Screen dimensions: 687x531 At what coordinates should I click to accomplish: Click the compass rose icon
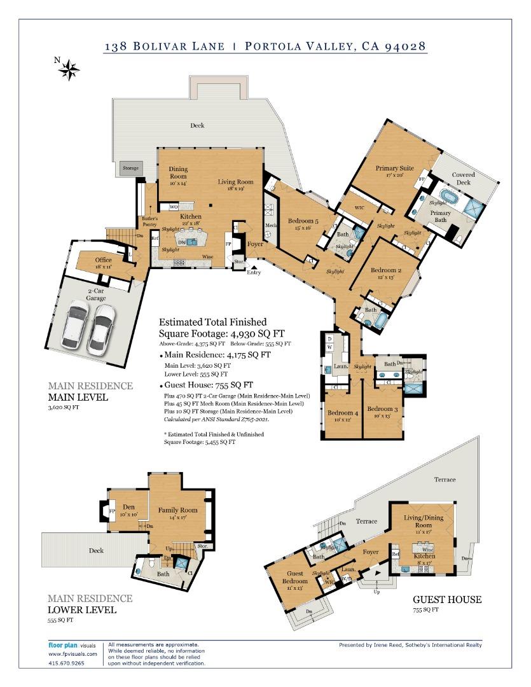[69, 69]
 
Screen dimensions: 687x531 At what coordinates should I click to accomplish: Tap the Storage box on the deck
[130, 169]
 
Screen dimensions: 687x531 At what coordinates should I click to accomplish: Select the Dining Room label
[178, 172]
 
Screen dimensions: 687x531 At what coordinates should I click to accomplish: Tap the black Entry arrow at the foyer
[254, 267]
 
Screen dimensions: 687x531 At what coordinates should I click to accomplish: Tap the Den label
[129, 507]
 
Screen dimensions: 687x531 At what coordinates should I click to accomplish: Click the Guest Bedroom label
[296, 577]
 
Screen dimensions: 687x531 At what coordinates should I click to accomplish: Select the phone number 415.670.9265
[66, 662]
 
